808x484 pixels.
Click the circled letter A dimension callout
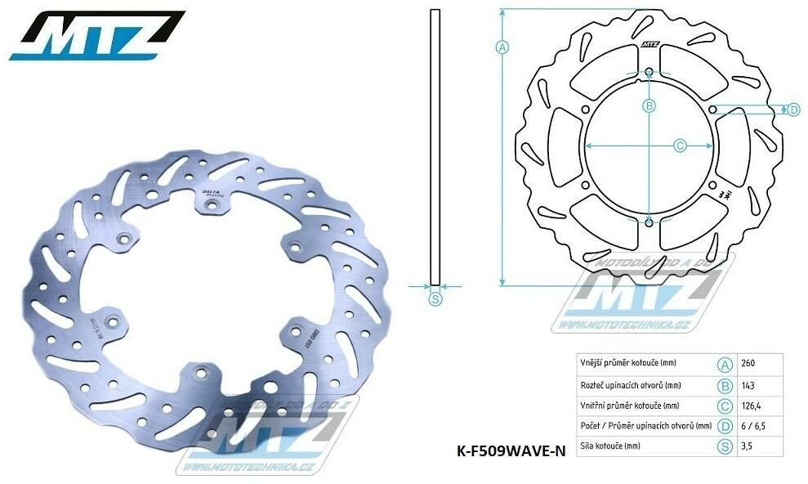502,47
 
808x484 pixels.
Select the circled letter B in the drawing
649,105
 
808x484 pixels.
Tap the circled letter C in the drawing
680,146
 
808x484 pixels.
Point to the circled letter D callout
793,110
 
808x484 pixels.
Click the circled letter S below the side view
435,299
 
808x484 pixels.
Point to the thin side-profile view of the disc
435,147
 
